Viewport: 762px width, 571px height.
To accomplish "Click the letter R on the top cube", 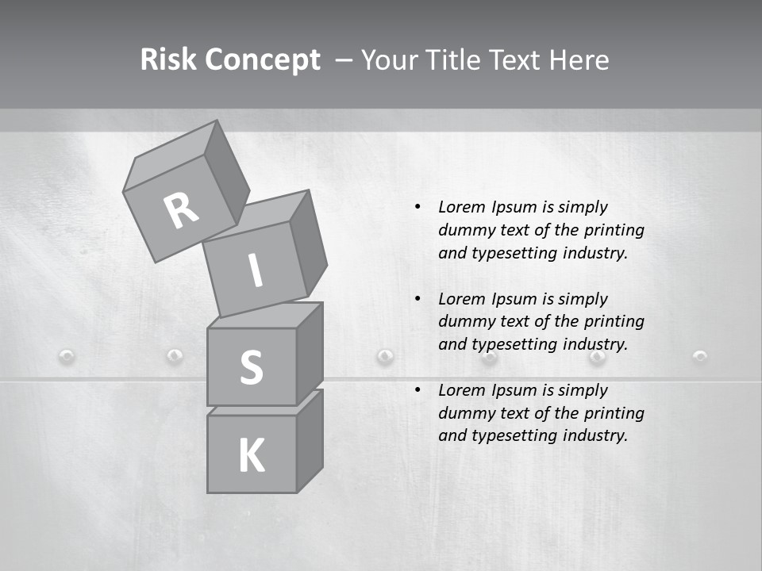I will (x=182, y=210).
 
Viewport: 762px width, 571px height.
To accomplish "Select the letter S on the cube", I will (x=251, y=368).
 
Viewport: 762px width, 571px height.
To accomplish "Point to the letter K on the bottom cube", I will (x=251, y=455).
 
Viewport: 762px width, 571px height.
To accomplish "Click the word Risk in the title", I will (x=169, y=59).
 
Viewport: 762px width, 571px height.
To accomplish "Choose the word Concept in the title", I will (x=264, y=59).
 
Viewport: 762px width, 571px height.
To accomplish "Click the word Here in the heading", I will (x=579, y=59).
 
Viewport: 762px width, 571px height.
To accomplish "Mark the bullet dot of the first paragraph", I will (x=418, y=207).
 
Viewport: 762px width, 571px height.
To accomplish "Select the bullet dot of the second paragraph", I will (x=418, y=299).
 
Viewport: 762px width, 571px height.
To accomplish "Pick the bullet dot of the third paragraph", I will (x=418, y=390).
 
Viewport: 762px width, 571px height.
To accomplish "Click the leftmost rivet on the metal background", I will (x=67, y=356).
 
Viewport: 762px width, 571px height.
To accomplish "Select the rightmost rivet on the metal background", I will (x=700, y=356).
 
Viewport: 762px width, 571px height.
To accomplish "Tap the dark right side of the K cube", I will (x=310, y=440).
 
